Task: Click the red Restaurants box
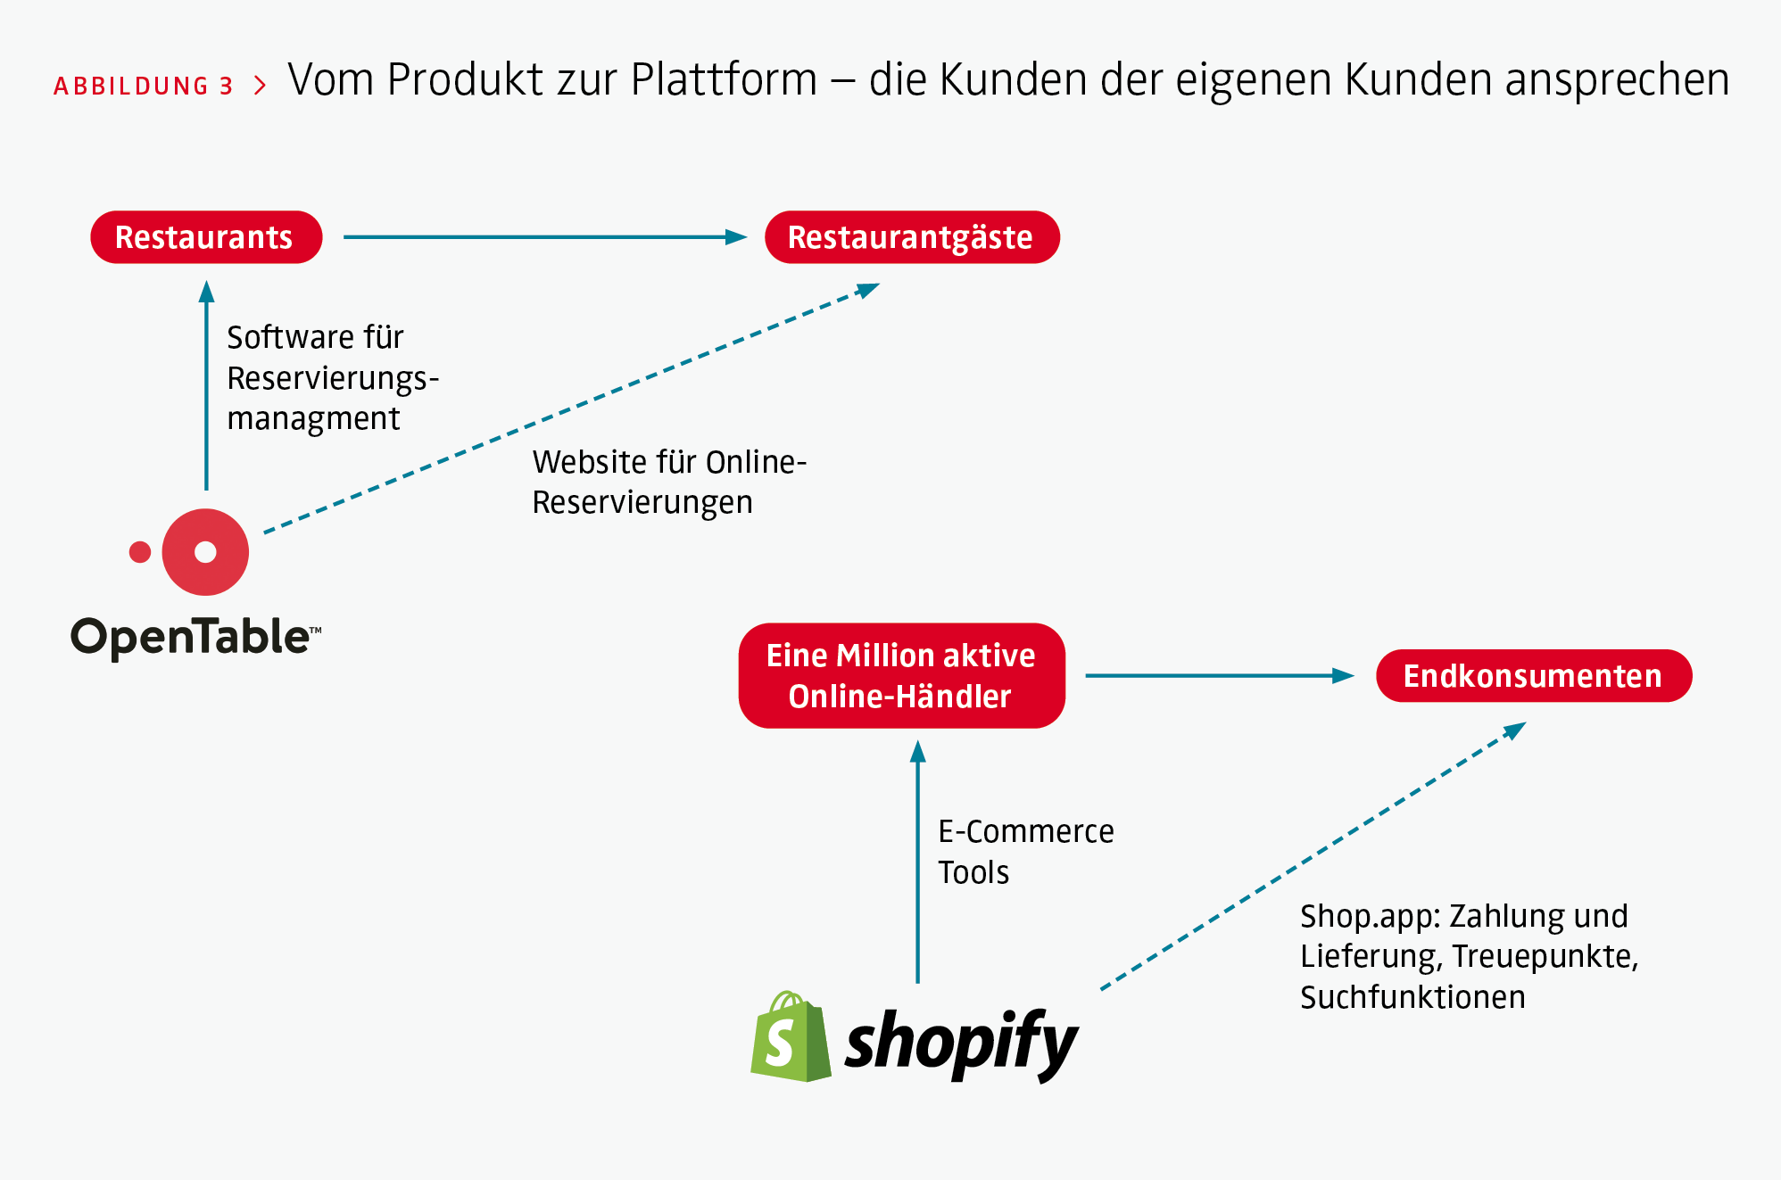tap(206, 237)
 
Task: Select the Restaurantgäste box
tap(912, 237)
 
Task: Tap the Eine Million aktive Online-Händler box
tap(901, 676)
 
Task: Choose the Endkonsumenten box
tap(1533, 676)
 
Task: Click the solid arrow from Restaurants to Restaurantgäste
tap(544, 237)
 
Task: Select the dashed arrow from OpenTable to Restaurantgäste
tap(571, 408)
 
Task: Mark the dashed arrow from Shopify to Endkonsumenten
tap(1312, 857)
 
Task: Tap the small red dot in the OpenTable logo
tap(140, 552)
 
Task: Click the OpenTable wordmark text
tap(193, 637)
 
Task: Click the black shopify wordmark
tap(961, 1042)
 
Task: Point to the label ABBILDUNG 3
tap(144, 87)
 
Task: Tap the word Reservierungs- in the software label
tap(333, 378)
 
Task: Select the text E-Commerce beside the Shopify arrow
tap(1026, 831)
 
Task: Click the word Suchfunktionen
tap(1412, 997)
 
